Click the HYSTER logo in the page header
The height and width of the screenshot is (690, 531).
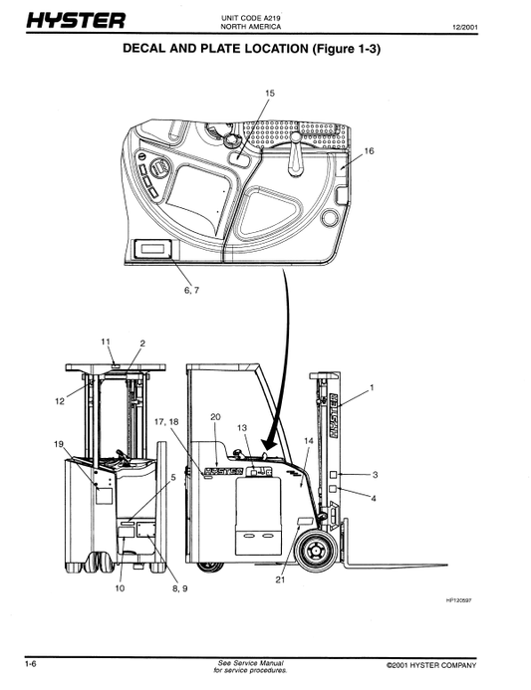(x=76, y=21)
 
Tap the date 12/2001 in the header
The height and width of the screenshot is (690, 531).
(x=465, y=27)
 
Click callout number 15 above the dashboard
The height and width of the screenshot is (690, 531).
(x=269, y=94)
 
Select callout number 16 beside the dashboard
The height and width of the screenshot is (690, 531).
(x=369, y=151)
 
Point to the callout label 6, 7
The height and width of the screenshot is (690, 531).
(x=191, y=291)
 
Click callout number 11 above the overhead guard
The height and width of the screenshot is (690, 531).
(x=106, y=342)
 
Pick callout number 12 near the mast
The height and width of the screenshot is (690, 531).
(x=60, y=401)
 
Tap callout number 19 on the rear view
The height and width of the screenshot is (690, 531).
(x=59, y=444)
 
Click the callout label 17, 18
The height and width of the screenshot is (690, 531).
(x=166, y=422)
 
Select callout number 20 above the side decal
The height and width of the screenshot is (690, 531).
(x=215, y=417)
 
